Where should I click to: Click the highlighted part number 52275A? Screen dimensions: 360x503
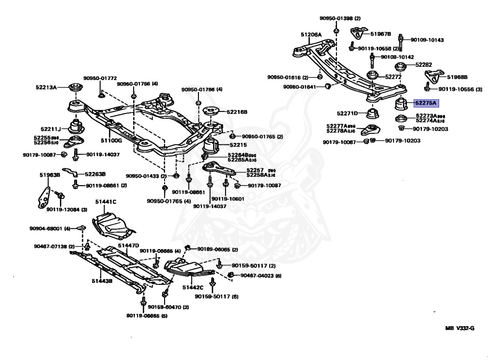coord(426,104)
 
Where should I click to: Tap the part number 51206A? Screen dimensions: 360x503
coord(311,35)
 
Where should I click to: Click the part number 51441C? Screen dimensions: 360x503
coord(106,202)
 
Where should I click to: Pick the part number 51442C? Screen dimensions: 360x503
coord(193,287)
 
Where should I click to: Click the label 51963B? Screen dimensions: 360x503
coord(50,174)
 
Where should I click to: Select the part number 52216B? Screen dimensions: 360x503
coord(237,112)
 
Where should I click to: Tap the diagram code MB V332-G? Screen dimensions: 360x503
coord(460,329)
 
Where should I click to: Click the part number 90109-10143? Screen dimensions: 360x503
coord(427,40)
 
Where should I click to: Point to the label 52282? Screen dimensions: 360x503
coord(423,65)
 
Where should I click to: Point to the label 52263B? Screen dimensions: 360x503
coord(95,174)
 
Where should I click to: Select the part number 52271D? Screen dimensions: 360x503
coord(347,113)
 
